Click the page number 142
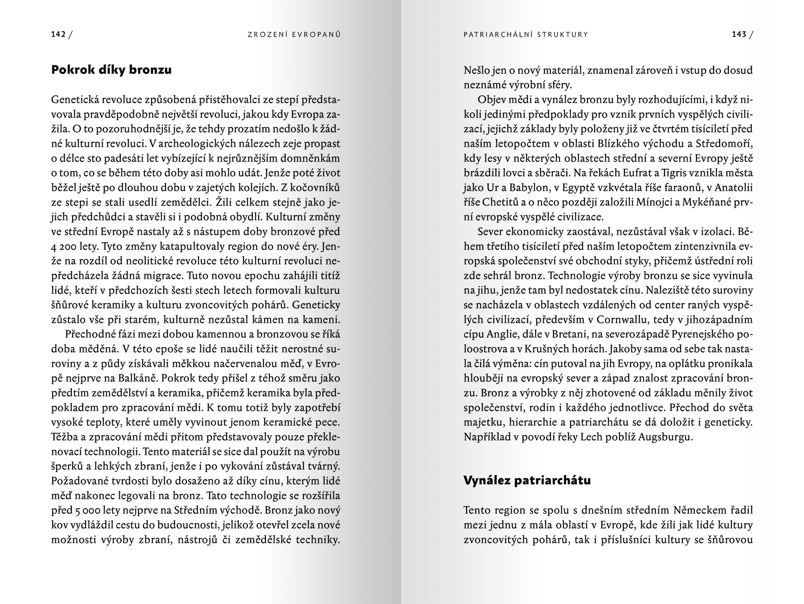pos(58,35)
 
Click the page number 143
pos(739,35)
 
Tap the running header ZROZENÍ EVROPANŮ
pos(294,35)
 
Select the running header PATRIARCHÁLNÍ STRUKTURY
pos(525,35)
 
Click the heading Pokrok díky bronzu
pos(111,70)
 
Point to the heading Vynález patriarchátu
pos(527,480)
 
